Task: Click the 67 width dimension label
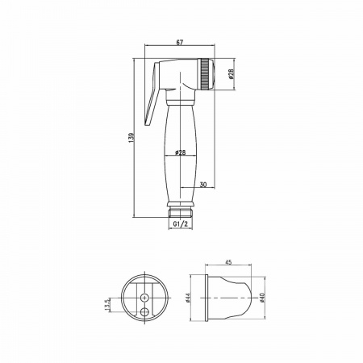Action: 180,42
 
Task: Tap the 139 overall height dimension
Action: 131,137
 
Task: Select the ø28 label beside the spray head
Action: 232,74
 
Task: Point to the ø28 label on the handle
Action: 180,152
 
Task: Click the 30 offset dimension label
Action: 203,185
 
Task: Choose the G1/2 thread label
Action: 181,224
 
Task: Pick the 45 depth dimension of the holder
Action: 228,262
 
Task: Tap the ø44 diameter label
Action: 188,298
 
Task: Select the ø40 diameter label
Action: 263,298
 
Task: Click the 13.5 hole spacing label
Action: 107,305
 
